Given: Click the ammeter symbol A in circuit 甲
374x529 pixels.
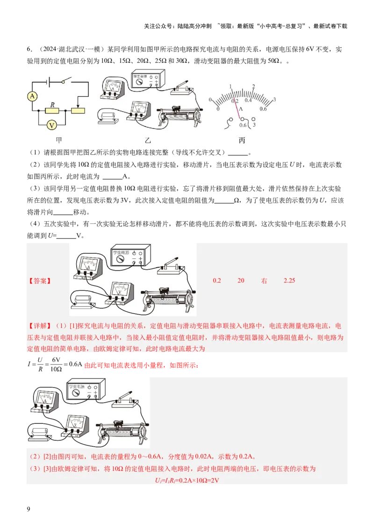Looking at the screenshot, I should pyautogui.click(x=32, y=96).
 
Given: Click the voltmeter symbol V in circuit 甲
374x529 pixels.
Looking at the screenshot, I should pyautogui.click(x=53, y=125).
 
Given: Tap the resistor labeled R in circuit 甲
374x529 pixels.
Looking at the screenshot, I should pyautogui.click(x=52, y=110).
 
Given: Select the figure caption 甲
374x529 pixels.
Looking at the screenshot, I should pyautogui.click(x=59, y=140).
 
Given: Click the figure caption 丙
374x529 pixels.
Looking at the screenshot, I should pyautogui.click(x=242, y=140).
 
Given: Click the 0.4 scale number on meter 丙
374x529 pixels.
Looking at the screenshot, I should pyautogui.click(x=248, y=100).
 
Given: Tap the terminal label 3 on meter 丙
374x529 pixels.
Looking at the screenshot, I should pyautogui.click(x=254, y=125).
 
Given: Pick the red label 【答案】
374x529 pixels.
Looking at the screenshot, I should pyautogui.click(x=39, y=281).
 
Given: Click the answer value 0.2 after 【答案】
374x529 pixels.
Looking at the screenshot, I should pyautogui.click(x=217, y=281).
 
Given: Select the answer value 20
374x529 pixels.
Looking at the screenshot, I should pyautogui.click(x=241, y=281).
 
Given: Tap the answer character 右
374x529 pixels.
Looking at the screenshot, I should pyautogui.click(x=264, y=281).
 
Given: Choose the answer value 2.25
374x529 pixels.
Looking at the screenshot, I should pyautogui.click(x=289, y=281).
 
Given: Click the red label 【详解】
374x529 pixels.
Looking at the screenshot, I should pyautogui.click(x=39, y=325).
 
